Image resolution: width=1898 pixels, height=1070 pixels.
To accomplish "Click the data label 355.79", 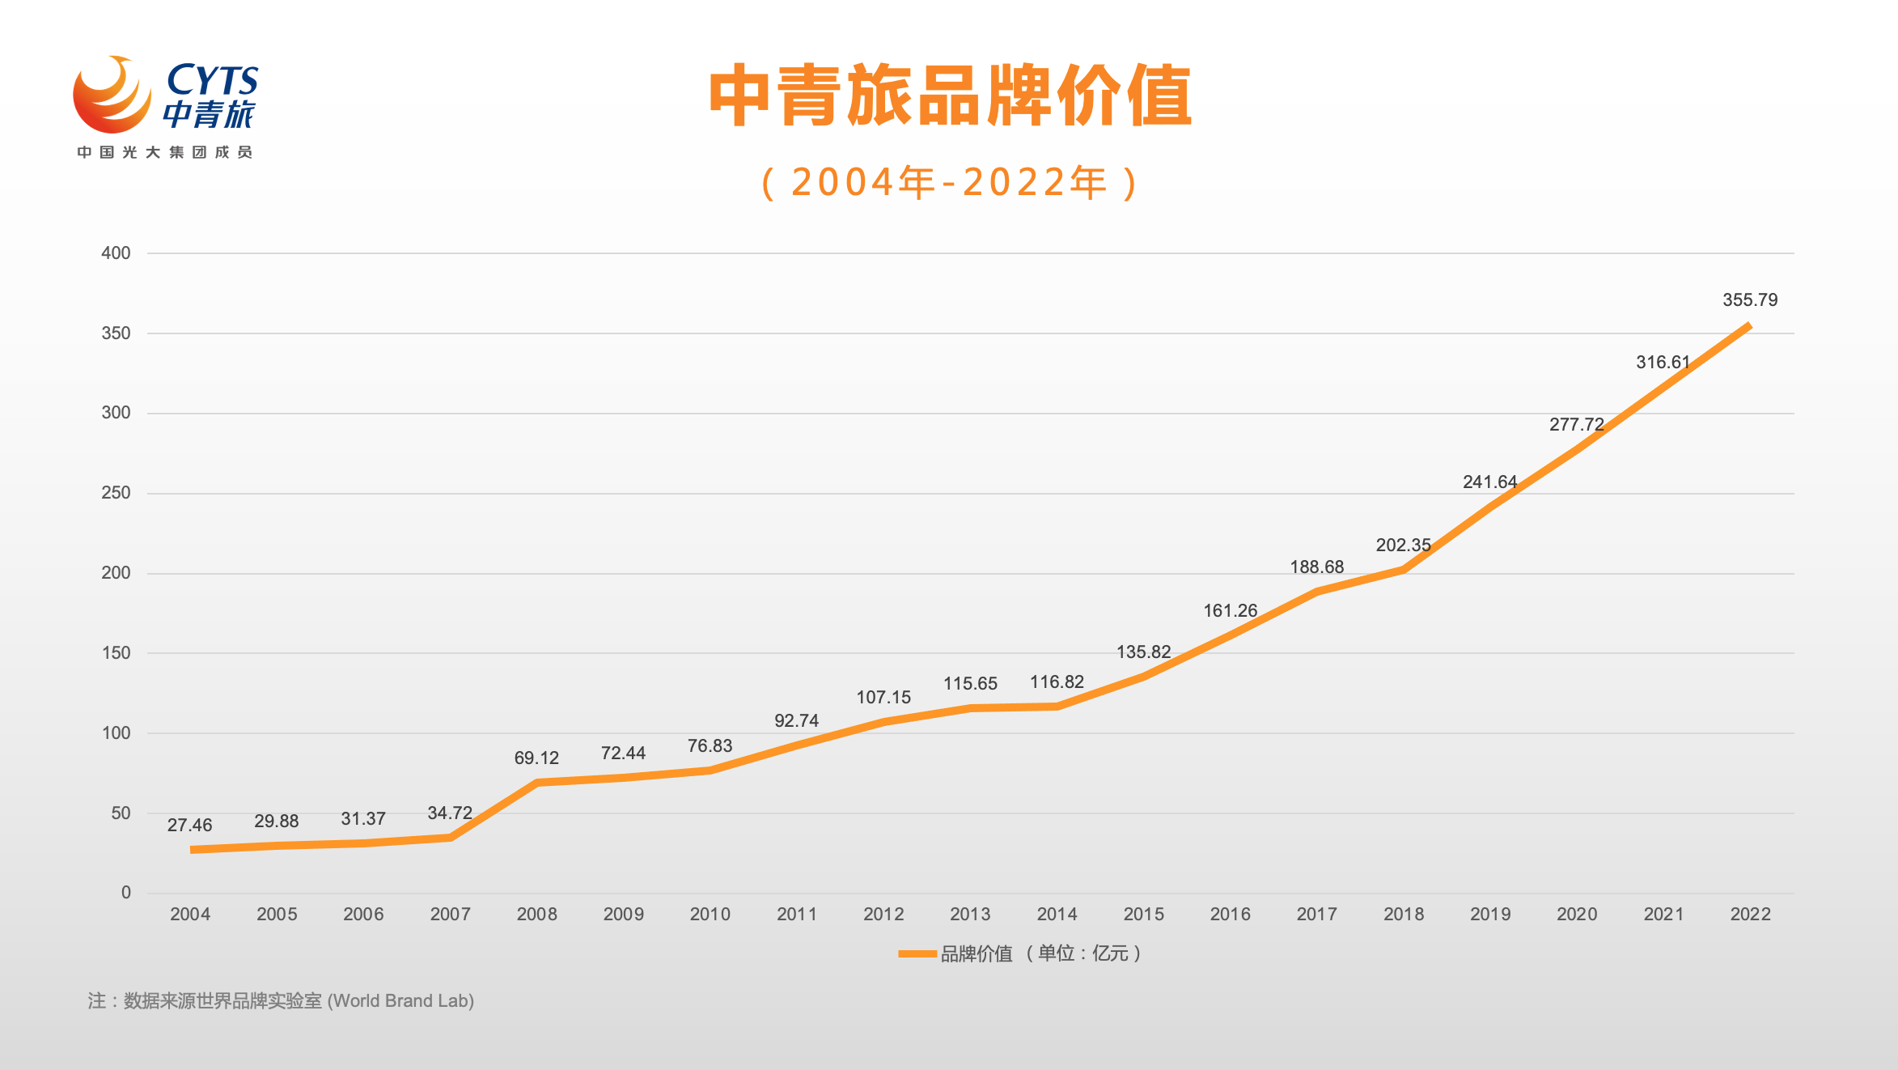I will click(x=1750, y=300).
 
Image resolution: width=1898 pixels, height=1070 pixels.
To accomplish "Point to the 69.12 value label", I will click(x=536, y=758).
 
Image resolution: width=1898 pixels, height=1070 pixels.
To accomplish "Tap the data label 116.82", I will click(x=1057, y=682).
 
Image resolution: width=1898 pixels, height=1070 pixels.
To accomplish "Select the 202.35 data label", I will click(x=1403, y=546).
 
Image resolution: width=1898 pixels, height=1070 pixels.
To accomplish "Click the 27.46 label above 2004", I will click(x=189, y=826).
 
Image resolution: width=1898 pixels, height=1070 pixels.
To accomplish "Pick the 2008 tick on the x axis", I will click(x=536, y=915).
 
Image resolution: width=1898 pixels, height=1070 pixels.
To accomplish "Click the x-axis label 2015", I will click(x=1143, y=915).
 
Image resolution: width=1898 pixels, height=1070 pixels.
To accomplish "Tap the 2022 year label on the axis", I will click(x=1750, y=915).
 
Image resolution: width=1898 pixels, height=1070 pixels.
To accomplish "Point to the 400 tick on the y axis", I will click(x=116, y=253).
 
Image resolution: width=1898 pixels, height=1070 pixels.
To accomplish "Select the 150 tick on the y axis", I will click(x=116, y=653).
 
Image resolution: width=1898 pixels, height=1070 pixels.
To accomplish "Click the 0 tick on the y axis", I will click(x=125, y=893).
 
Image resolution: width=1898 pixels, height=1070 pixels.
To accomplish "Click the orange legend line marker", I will click(x=917, y=954).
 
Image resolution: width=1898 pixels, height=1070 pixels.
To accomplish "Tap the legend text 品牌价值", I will click(x=977, y=954).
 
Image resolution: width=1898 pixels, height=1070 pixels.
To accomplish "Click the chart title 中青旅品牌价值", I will click(x=950, y=96).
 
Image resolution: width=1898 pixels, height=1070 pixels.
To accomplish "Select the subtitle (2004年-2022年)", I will click(x=950, y=183).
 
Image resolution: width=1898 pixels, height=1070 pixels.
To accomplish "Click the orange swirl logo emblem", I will click(x=112, y=95).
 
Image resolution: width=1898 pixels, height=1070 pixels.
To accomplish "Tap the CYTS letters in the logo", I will click(x=212, y=79).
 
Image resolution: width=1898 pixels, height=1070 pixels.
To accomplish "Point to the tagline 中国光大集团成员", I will click(x=165, y=152).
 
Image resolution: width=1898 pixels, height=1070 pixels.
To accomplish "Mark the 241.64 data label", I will click(x=1489, y=482).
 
